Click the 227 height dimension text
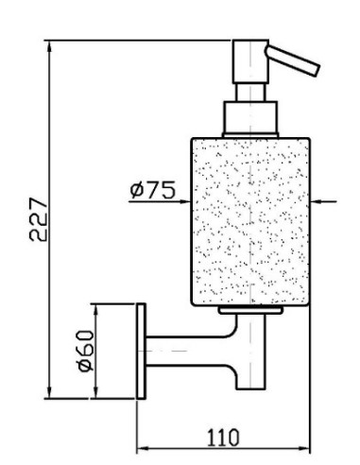pos(39,219)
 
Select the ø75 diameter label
pos(152,190)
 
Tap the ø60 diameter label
pos(86,351)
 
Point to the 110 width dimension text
pos(223,437)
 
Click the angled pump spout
pos(293,60)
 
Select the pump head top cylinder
pos(250,61)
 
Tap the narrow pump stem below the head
pos(250,93)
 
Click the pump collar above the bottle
pos(250,119)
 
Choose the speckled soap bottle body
pos(250,221)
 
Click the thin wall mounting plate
pos(141,351)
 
